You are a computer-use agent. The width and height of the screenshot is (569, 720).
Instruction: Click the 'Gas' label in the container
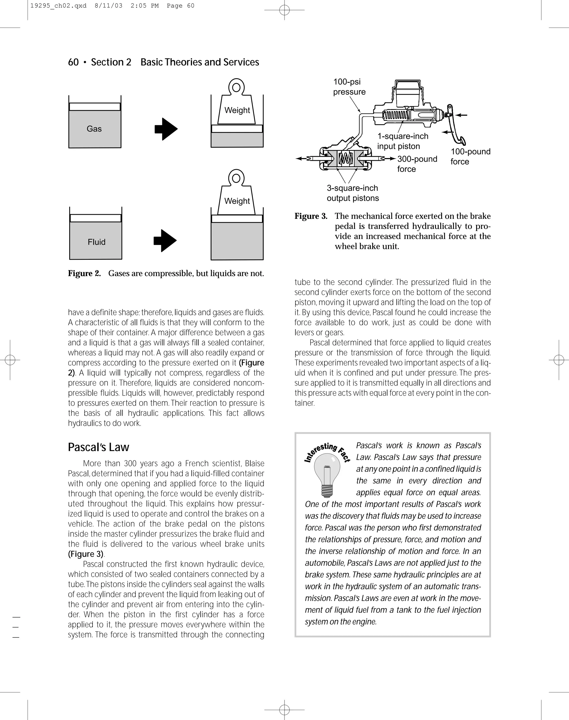pyautogui.click(x=94, y=129)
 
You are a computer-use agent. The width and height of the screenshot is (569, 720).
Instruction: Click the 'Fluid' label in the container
pyautogui.click(x=96, y=242)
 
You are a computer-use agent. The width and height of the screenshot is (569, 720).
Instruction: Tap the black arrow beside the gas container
pyautogui.click(x=166, y=129)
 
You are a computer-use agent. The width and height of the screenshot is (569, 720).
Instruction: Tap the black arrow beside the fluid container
pyautogui.click(x=165, y=241)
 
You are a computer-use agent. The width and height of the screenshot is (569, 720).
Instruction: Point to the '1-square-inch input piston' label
pyautogui.click(x=402, y=141)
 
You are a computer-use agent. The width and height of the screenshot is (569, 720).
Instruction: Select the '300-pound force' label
pyautogui.click(x=417, y=164)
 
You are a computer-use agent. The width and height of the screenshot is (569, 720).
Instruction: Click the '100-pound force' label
pyautogui.click(x=470, y=156)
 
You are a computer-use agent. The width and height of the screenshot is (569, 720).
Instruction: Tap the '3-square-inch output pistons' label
pyautogui.click(x=353, y=193)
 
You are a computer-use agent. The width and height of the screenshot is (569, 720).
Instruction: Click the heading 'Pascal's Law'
pyautogui.click(x=98, y=447)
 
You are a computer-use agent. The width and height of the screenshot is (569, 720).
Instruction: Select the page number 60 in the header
pyautogui.click(x=73, y=62)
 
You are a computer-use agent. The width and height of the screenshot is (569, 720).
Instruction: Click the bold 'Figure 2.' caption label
pyautogui.click(x=84, y=273)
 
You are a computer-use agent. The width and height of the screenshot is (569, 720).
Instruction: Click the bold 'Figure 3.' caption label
pyautogui.click(x=311, y=216)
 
